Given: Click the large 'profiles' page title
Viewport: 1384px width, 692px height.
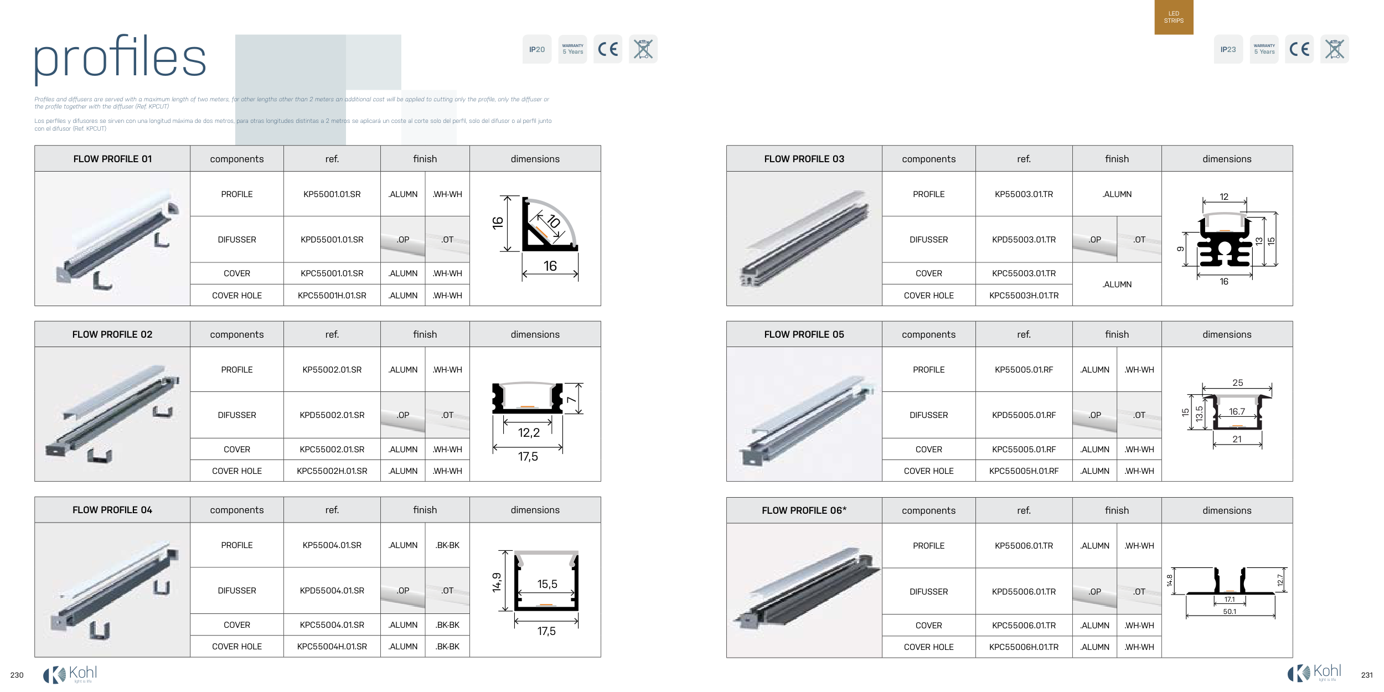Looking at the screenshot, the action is pos(120,58).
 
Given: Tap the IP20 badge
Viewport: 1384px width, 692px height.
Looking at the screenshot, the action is pos(537,49).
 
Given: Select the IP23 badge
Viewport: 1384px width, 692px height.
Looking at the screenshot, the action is pos(1228,49).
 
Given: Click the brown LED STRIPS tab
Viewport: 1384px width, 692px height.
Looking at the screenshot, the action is pos(1174,17).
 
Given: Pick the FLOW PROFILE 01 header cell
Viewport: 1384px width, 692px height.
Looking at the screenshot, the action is pos(112,159).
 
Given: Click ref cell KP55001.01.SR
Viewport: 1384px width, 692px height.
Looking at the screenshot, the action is pos(332,194).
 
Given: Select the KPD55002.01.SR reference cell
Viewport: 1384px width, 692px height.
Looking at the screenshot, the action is pos(332,415).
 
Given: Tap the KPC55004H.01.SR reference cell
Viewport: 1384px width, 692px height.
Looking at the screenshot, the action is pos(332,647).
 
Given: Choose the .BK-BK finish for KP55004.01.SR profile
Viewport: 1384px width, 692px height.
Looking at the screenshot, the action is pos(447,545).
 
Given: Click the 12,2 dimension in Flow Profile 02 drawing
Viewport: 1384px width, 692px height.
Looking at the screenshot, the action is pos(529,433).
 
